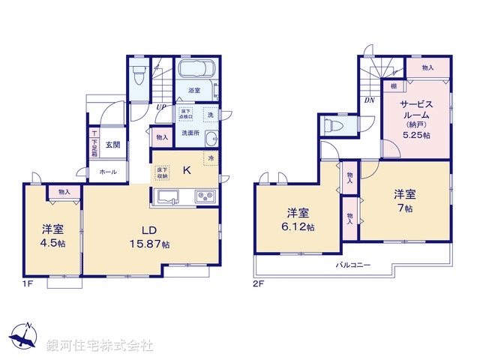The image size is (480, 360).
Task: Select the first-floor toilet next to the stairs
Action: (138, 76)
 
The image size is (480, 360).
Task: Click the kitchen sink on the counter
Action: (168, 197)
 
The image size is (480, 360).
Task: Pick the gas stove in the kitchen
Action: (205, 197)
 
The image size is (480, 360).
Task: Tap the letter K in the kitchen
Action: (187, 170)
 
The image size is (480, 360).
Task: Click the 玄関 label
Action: (112, 145)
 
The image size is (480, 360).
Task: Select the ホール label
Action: (107, 172)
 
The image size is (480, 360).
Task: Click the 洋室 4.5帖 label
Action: (52, 235)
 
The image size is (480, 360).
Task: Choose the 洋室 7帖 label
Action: (405, 200)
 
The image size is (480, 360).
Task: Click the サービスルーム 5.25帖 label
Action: (415, 120)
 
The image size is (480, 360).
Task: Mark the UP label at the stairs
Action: (161, 107)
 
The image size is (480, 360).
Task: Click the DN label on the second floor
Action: (370, 100)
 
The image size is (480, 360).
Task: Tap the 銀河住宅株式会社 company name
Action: (99, 346)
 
